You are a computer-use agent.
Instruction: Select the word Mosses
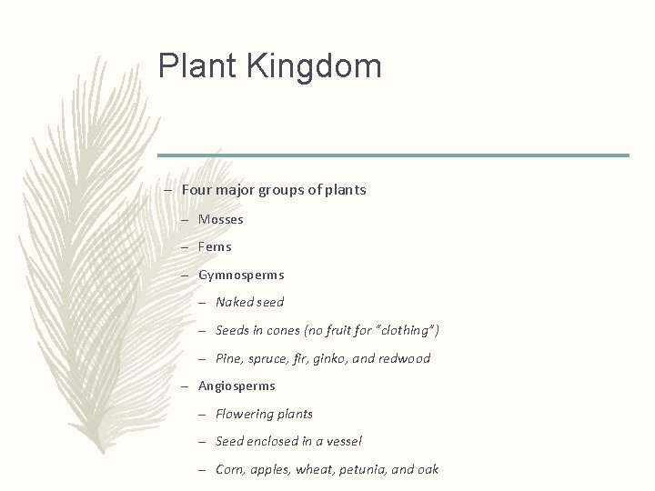(221, 219)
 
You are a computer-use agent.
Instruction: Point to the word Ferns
(215, 246)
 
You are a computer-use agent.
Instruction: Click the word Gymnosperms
(241, 275)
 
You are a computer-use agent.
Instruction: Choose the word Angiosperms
(237, 386)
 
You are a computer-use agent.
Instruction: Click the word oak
(427, 469)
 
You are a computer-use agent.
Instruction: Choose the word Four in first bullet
(195, 190)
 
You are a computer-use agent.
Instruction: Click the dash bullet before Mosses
(185, 219)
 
